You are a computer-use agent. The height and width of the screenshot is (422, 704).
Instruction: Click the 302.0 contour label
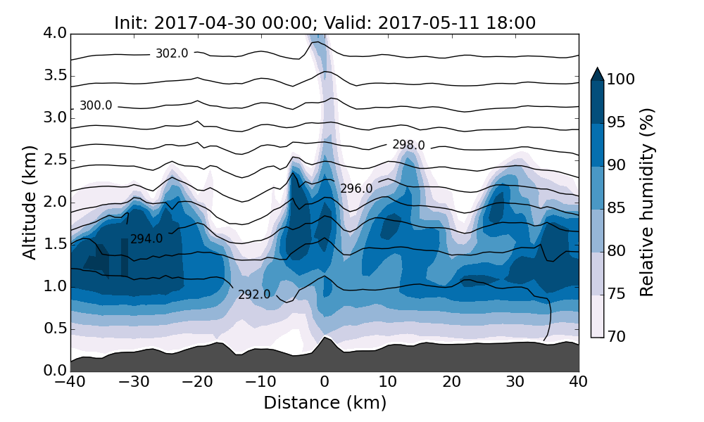click(x=172, y=53)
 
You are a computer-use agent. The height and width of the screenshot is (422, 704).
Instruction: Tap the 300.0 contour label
click(x=96, y=105)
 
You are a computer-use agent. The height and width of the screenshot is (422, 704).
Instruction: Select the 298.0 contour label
click(x=408, y=145)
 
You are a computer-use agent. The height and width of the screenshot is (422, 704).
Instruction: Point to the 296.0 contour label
click(x=356, y=188)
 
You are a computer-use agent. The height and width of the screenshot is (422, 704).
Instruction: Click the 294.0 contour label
click(x=146, y=239)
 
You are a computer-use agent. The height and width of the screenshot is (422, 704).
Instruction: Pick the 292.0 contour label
click(x=254, y=295)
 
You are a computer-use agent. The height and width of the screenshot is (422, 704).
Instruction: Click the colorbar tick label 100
click(x=620, y=79)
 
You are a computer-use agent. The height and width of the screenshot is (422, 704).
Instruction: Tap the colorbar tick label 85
click(x=617, y=208)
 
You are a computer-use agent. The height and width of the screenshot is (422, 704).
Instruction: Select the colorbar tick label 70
click(x=617, y=337)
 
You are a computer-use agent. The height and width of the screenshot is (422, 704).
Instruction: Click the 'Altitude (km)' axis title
click(x=29, y=202)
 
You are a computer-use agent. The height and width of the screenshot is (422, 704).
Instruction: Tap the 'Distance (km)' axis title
click(x=325, y=403)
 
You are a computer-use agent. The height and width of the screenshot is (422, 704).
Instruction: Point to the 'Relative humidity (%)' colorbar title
click(x=648, y=202)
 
